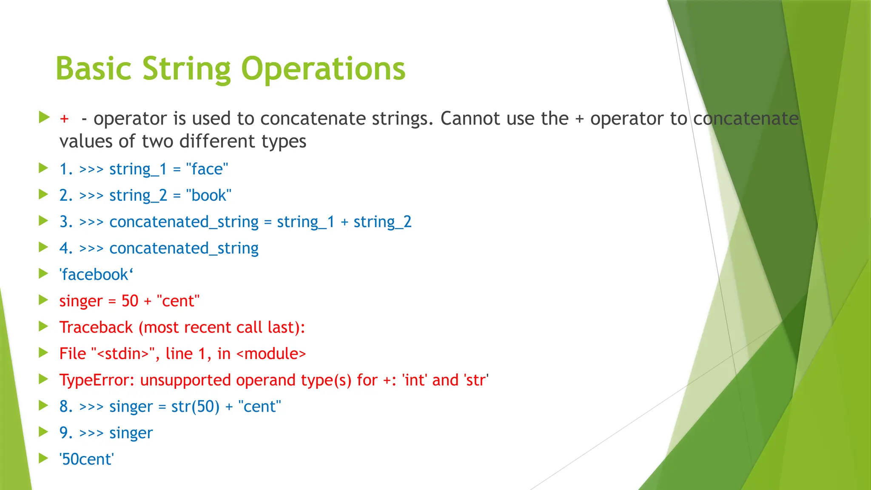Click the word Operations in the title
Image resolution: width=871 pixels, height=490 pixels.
pos(323,69)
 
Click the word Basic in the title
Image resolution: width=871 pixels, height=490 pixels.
pos(94,69)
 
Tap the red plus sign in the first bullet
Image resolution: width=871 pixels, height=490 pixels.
pos(64,119)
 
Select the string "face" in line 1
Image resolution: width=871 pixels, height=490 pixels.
pos(207,169)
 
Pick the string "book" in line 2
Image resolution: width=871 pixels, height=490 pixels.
pos(209,196)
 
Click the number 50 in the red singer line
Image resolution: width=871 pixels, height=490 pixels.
pos(130,301)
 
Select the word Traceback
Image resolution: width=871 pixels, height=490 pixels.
pos(96,328)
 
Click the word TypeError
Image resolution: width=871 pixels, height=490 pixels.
pos(97,380)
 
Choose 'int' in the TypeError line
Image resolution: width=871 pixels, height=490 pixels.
pos(414,380)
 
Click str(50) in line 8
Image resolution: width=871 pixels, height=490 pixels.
pos(195,407)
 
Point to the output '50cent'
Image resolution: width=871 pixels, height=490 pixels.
pos(87,459)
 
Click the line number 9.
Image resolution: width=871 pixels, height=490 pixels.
pos(65,433)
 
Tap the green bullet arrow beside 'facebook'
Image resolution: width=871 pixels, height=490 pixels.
pos(43,273)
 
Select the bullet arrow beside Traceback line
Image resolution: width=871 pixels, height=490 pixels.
pos(43,326)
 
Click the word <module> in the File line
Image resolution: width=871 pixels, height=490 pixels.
pos(271,354)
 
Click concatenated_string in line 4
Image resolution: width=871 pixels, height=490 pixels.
pos(184,248)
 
